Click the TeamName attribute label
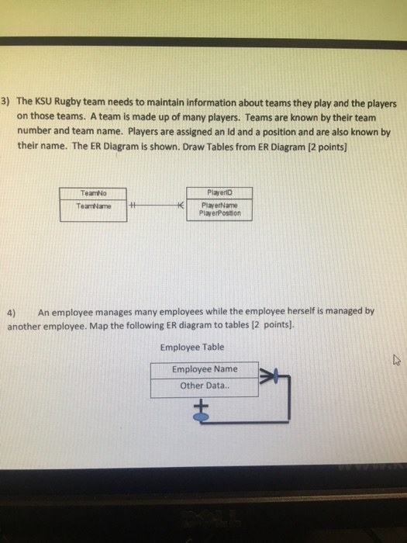(93, 206)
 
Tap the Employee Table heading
(191, 348)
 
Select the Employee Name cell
(205, 369)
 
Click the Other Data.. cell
(205, 386)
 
